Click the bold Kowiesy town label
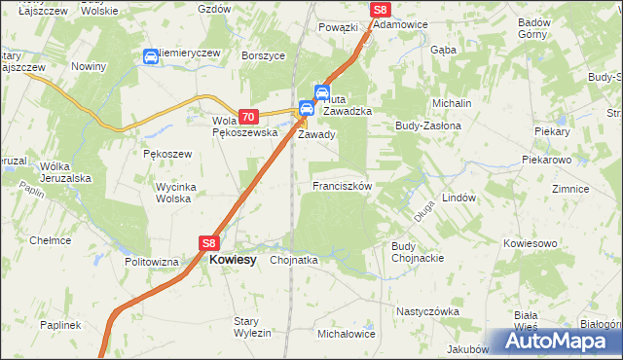234,261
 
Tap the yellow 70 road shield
246,116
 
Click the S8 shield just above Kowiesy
209,243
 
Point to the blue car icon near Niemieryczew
151,57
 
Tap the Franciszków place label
342,185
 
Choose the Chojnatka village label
294,261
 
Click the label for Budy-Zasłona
426,126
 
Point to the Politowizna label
152,262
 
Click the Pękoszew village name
167,154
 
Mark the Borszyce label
263,55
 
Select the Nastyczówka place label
427,311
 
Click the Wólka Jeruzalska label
65,172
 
